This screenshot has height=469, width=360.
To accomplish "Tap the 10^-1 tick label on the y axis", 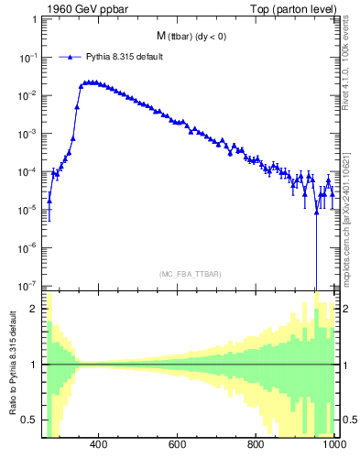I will (x=29, y=57).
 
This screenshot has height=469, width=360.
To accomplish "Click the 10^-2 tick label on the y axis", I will (x=29, y=95).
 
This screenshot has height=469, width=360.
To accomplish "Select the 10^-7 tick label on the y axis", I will (x=29, y=285).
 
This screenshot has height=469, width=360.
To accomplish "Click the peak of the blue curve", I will (x=89, y=82).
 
